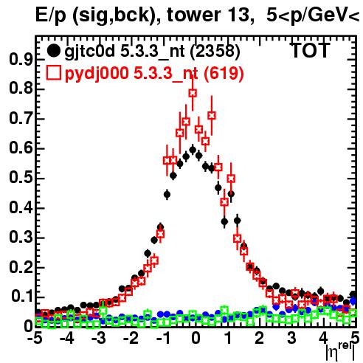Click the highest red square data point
193,93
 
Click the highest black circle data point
193,150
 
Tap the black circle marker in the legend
53,51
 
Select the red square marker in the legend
53,73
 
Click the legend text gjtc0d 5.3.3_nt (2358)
152,52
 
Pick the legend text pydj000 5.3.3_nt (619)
154,74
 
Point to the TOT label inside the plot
310,51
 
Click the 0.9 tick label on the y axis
21,59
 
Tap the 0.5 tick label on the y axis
21,178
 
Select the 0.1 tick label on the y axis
22,297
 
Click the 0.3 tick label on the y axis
21,238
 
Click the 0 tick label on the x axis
196,338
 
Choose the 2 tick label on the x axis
259,338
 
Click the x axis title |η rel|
340,351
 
